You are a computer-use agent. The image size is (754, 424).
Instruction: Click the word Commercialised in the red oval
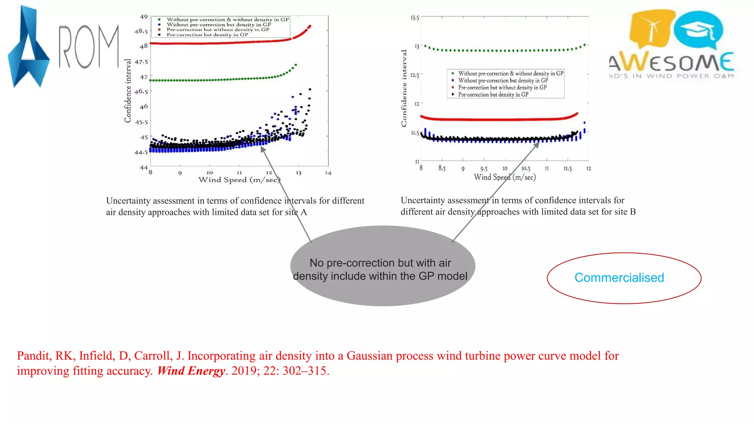[619, 278]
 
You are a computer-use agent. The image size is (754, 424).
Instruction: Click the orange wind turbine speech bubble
[651, 28]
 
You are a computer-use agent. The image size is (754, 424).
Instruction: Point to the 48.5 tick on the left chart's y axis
[141, 31]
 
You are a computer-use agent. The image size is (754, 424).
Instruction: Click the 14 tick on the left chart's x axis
[328, 173]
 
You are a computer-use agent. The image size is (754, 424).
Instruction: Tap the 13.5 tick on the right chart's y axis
[415, 18]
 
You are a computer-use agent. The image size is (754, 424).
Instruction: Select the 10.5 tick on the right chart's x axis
[526, 169]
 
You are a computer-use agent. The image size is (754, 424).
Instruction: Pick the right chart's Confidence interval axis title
[404, 88]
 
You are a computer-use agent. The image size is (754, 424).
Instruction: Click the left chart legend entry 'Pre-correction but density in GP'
[207, 35]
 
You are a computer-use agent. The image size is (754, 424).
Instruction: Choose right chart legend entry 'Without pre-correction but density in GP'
[503, 81]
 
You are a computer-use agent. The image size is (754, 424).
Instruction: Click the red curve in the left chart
[221, 43]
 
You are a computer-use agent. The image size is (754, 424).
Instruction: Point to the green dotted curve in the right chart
[504, 50]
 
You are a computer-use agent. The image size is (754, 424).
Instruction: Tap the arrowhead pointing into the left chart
[263, 149]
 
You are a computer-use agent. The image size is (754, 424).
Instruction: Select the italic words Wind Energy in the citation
[191, 371]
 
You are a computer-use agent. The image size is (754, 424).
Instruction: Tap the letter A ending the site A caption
[304, 212]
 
